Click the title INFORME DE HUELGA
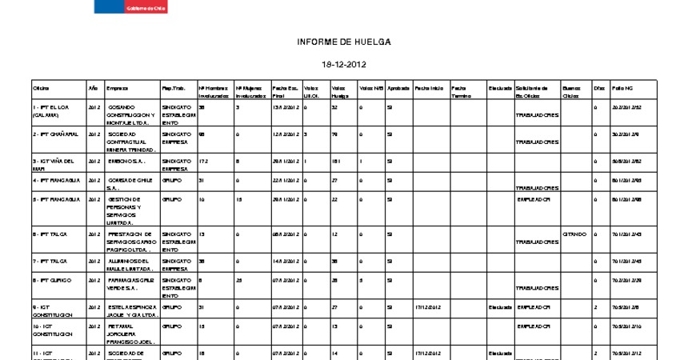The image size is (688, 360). coord(344,42)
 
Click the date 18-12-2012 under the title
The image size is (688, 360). coord(344,64)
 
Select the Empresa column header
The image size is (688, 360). coord(117,88)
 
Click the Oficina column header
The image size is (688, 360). coord(42,88)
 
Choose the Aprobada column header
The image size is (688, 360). coord(398,88)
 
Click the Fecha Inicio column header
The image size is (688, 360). coord(428,88)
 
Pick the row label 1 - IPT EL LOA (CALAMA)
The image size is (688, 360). coord(50,110)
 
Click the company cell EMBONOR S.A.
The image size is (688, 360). coord(126,161)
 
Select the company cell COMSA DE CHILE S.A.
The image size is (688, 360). coord(130,184)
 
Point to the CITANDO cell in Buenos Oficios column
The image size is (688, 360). coord(574,234)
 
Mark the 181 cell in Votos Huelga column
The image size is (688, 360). coord(336,161)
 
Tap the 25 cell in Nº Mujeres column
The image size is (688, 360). coord(239,280)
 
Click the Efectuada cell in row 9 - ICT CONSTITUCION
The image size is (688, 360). coord(500,307)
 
